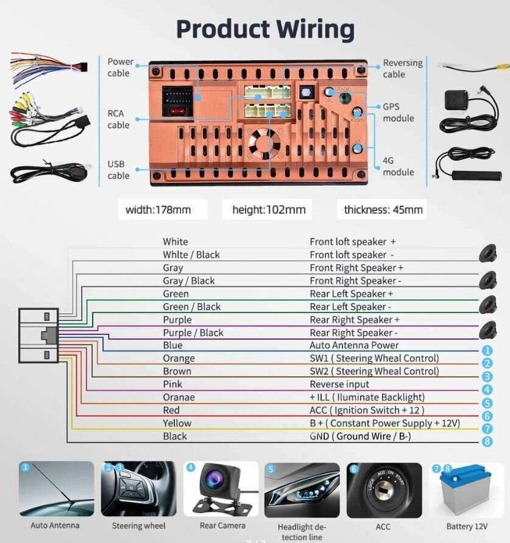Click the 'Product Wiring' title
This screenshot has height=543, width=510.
point(265,29)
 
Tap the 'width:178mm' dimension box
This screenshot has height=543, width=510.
point(158,210)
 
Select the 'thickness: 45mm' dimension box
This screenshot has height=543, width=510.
point(383,210)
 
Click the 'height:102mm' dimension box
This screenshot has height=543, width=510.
point(269,210)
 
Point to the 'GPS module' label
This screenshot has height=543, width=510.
point(398,112)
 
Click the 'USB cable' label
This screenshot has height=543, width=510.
point(118,170)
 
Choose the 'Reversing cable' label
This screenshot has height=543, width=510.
point(402,68)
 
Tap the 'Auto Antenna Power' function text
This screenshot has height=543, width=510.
point(354,345)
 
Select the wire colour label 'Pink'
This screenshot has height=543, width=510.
point(172,384)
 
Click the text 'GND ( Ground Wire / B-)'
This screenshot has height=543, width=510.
point(369,436)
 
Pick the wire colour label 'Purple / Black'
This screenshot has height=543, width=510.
point(193,332)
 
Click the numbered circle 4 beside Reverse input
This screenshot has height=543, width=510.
point(487,390)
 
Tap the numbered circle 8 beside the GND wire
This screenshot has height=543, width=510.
point(487,442)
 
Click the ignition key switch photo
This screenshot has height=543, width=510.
point(384,490)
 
